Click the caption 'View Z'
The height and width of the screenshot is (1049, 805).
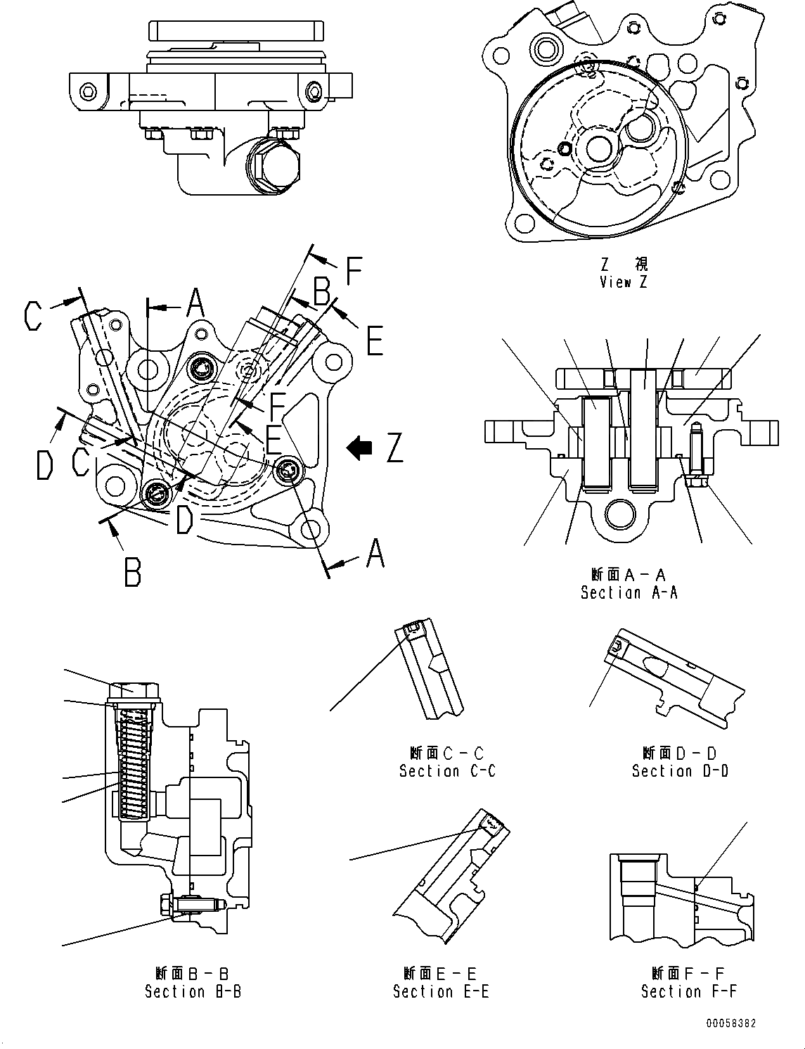click(624, 282)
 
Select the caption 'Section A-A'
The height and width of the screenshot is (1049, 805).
click(629, 592)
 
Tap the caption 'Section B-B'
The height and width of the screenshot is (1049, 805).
click(193, 991)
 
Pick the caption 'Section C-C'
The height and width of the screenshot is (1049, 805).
click(447, 771)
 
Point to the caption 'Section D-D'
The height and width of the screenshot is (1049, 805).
click(680, 771)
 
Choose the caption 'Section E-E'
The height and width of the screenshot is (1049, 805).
click(441, 991)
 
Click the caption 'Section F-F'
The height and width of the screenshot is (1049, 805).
click(689, 991)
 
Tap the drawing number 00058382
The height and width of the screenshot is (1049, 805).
click(733, 1024)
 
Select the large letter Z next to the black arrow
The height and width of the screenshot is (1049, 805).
click(394, 448)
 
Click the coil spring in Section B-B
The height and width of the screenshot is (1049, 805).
click(134, 763)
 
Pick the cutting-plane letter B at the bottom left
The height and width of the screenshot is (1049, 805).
click(132, 572)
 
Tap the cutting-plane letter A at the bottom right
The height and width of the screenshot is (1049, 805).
click(375, 553)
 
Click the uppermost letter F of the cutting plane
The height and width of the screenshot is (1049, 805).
click(354, 270)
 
